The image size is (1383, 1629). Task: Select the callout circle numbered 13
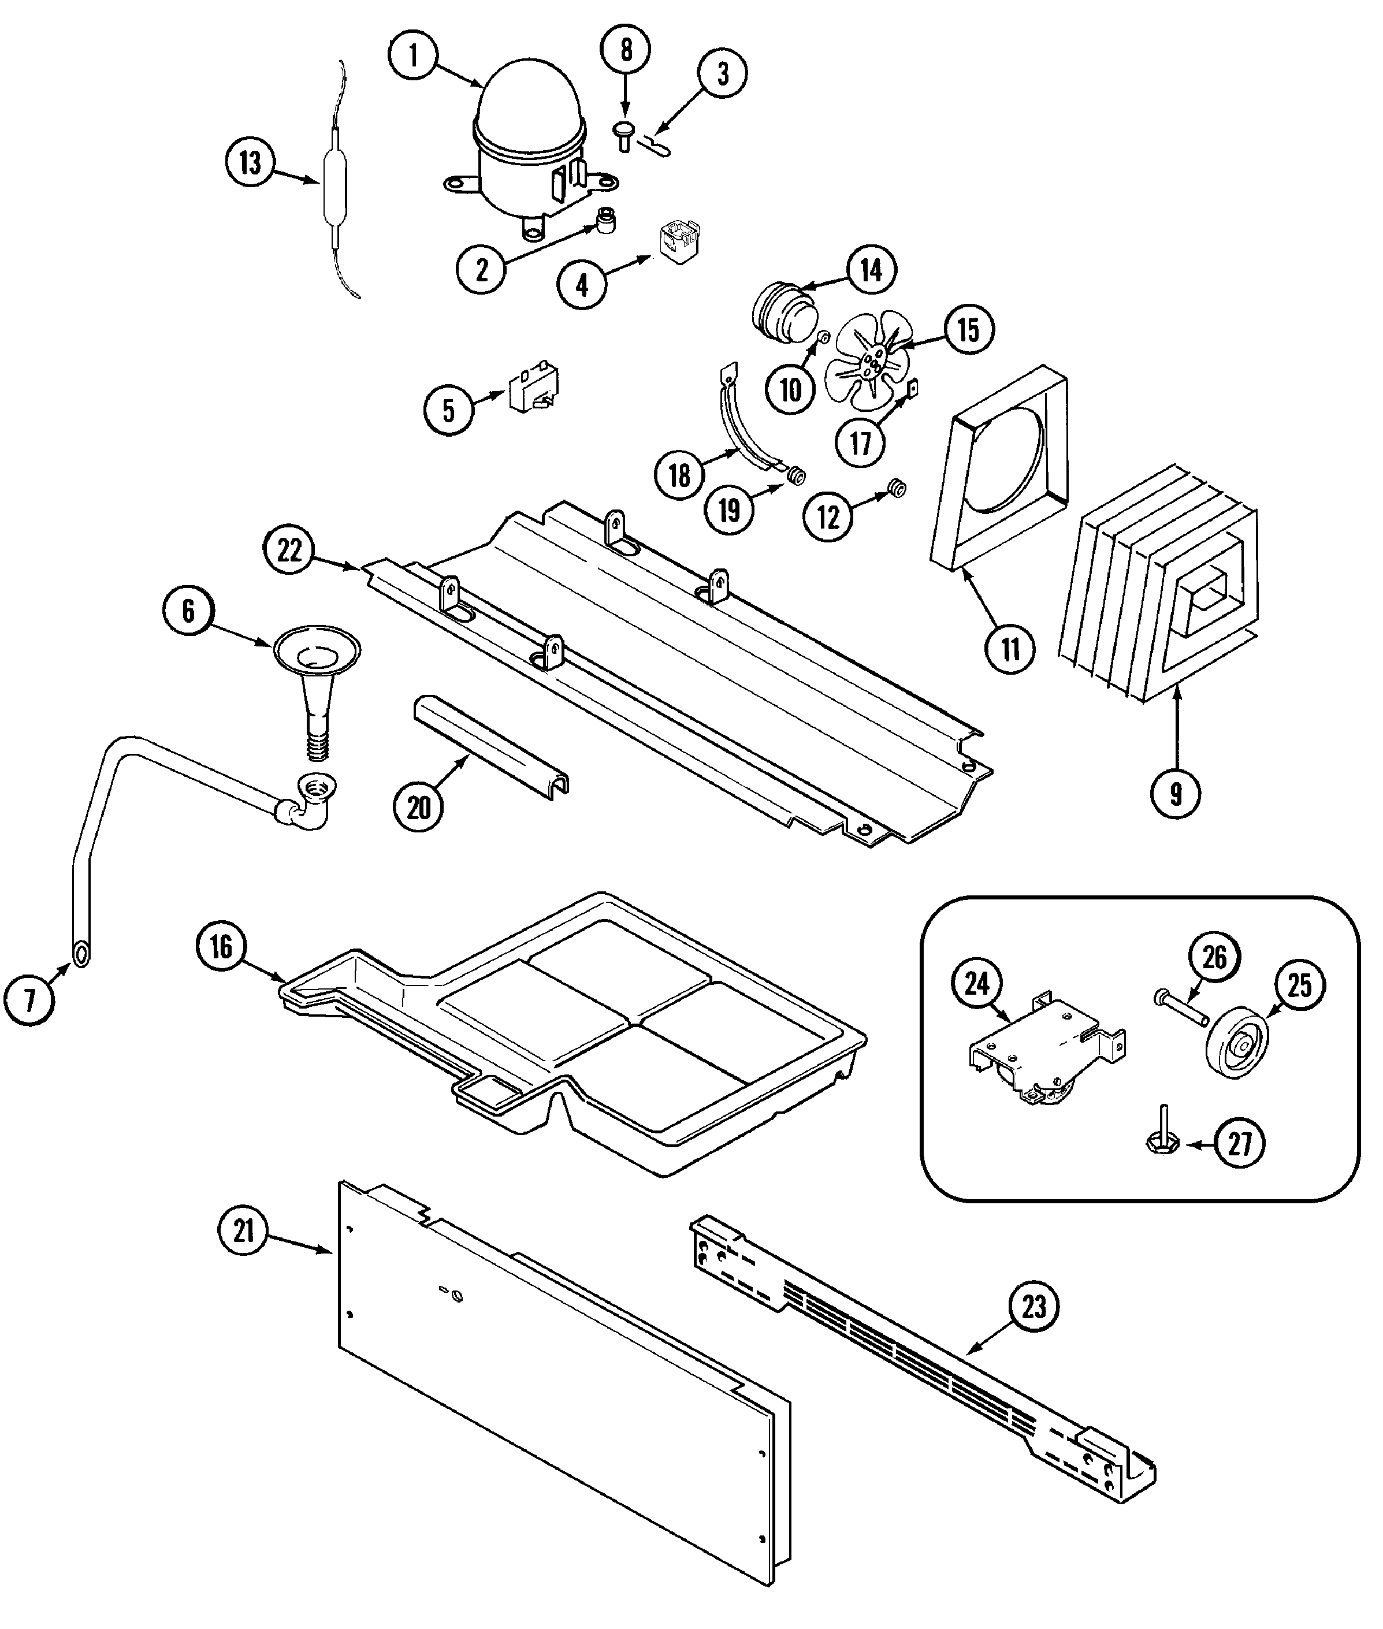click(x=250, y=164)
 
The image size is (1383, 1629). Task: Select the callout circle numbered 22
click(x=289, y=551)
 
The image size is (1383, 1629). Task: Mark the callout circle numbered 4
click(x=582, y=285)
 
